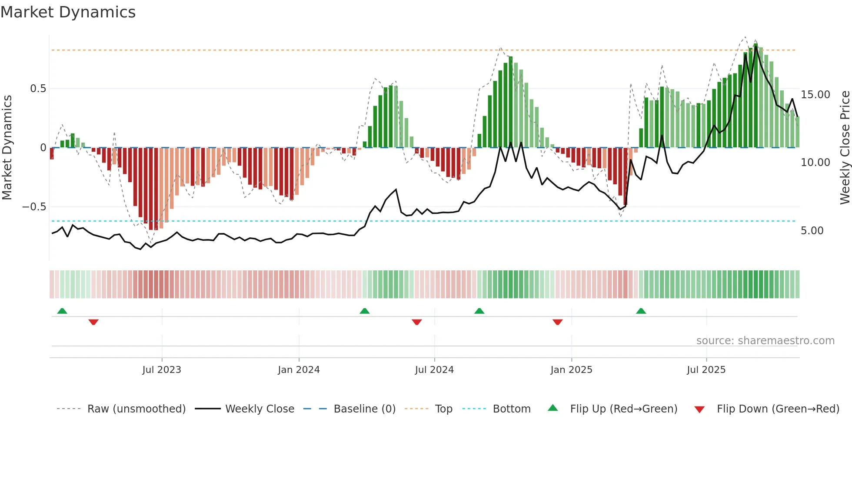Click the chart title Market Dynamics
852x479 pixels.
[x=68, y=12]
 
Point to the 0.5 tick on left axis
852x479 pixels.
[x=38, y=89]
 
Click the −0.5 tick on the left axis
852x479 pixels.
[x=34, y=207]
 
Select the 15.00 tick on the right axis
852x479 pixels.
[x=815, y=95]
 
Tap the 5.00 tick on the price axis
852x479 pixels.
[x=812, y=231]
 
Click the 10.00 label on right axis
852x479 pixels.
[x=815, y=163]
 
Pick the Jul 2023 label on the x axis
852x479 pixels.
[x=162, y=370]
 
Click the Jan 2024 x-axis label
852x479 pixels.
[x=299, y=370]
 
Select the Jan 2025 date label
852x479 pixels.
[x=571, y=370]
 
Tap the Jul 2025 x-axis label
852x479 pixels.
[x=706, y=370]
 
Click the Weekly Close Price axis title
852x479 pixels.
[x=845, y=148]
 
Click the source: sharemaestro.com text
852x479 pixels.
[x=765, y=341]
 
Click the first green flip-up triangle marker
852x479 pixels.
[x=62, y=311]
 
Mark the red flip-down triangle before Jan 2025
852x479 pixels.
[x=558, y=322]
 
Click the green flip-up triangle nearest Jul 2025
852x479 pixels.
[x=641, y=311]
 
